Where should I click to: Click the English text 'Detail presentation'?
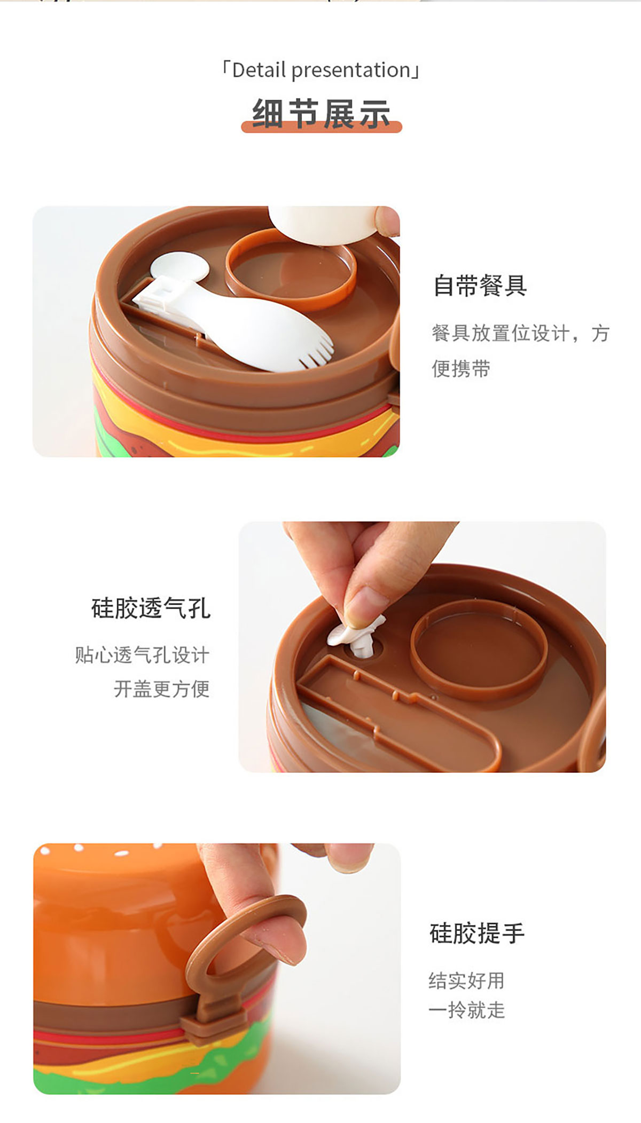[x=321, y=70]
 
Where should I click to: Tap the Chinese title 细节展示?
[x=321, y=113]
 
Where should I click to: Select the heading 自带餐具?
[x=480, y=285]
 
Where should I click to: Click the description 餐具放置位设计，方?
[x=520, y=333]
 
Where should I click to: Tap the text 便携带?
[x=461, y=368]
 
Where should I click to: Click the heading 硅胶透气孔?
[x=151, y=608]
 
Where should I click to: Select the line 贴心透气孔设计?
[x=142, y=654]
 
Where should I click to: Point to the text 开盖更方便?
[x=161, y=689]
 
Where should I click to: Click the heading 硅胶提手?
[x=477, y=933]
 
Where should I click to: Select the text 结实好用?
[x=466, y=980]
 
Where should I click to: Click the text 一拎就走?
[x=466, y=1010]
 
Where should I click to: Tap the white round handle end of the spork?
[x=179, y=267]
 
